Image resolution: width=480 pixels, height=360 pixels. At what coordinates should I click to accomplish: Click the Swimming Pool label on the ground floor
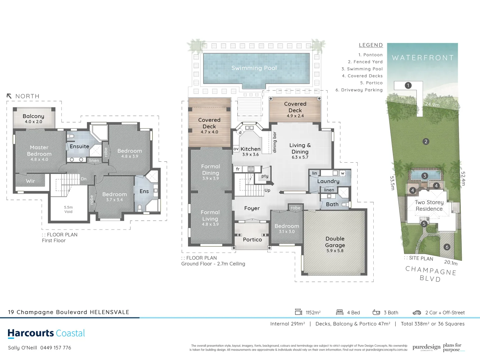pyautogui.click(x=254, y=68)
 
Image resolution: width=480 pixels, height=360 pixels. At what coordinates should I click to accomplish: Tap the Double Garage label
pyautogui.click(x=335, y=242)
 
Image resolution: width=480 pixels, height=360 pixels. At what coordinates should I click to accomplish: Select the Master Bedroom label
pyautogui.click(x=39, y=151)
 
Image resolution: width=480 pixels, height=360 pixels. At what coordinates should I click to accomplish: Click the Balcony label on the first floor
pyautogui.click(x=33, y=116)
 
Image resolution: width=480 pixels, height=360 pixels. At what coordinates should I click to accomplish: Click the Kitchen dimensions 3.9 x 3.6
pyautogui.click(x=250, y=155)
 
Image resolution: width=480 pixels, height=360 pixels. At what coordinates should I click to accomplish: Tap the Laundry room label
pyautogui.click(x=328, y=181)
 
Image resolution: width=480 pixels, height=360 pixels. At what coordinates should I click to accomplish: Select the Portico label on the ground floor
pyautogui.click(x=252, y=240)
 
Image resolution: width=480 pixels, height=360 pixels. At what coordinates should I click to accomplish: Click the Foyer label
pyautogui.click(x=252, y=208)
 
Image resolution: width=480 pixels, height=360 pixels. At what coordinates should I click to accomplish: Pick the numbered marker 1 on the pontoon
pyautogui.click(x=408, y=85)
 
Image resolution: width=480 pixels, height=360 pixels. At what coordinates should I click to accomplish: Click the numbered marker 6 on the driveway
pyautogui.click(x=447, y=247)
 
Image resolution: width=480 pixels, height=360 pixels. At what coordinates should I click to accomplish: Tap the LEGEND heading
pyautogui.click(x=371, y=45)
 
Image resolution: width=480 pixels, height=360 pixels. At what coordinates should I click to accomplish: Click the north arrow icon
pyautogui.click(x=9, y=96)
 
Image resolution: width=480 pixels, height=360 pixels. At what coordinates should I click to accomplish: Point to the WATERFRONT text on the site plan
pyautogui.click(x=423, y=58)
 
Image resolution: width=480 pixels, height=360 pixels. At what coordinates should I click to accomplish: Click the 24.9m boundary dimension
pyautogui.click(x=432, y=104)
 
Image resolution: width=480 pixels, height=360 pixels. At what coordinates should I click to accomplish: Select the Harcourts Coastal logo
pyautogui.click(x=46, y=333)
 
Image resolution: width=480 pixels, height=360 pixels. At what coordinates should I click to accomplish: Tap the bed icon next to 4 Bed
pyautogui.click(x=340, y=312)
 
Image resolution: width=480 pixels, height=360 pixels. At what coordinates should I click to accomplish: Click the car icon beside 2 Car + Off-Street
pyautogui.click(x=417, y=313)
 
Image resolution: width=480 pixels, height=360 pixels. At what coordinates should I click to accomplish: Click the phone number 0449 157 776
pyautogui.click(x=56, y=348)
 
